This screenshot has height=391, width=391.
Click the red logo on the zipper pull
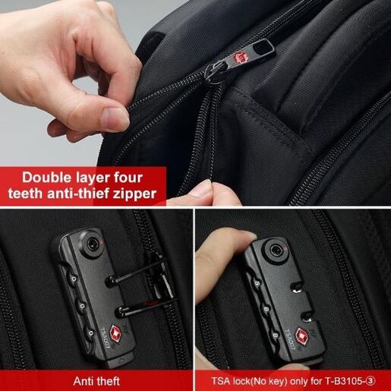click(239, 58)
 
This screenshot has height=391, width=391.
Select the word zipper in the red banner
click(135, 194)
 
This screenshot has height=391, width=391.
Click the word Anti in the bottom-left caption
click(82, 381)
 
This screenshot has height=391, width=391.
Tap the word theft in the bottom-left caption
click(107, 381)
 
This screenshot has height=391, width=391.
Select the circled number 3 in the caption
click(371, 381)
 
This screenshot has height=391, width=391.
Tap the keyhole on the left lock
click(91, 244)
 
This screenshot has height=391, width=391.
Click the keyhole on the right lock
click(275, 251)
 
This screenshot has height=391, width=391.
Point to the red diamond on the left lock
click(116, 334)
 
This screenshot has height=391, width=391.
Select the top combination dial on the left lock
click(74, 279)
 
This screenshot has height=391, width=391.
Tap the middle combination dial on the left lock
click(82, 306)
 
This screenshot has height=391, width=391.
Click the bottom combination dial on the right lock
click(274, 336)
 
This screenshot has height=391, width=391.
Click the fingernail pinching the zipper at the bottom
click(203, 187)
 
